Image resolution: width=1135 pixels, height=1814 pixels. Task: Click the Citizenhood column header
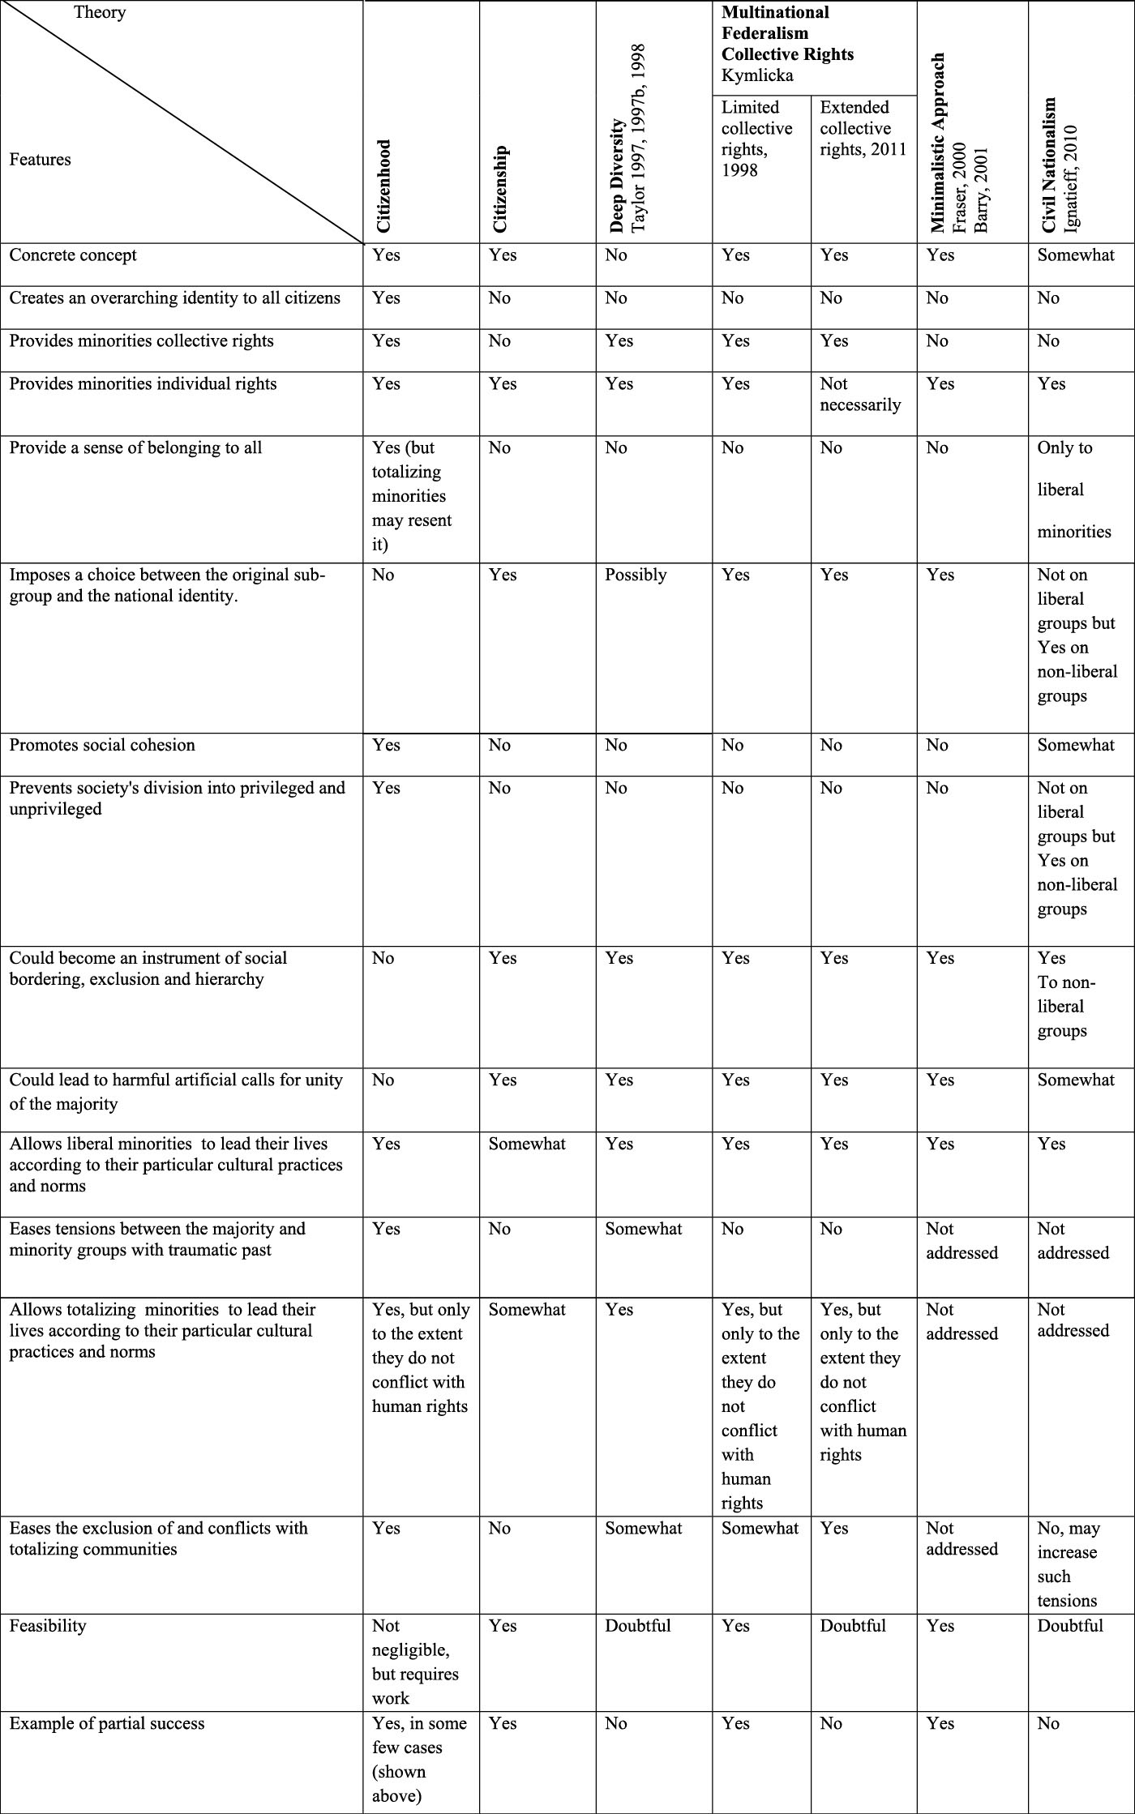383,187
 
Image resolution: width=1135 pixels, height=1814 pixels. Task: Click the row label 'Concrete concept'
73,255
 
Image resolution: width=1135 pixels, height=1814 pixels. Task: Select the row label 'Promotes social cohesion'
102,745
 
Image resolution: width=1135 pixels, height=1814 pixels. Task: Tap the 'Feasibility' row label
48,1625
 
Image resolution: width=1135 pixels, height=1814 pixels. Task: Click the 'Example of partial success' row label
107,1723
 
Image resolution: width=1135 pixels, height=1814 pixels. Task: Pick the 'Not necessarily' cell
860,394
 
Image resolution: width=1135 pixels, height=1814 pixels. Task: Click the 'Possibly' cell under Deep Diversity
636,575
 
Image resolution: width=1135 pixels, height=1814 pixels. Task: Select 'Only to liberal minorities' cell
1074,490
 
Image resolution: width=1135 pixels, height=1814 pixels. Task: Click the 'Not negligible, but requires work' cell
415,1661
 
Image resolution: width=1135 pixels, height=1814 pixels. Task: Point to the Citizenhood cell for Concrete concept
386,255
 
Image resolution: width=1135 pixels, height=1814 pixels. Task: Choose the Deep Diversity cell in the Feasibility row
638,1625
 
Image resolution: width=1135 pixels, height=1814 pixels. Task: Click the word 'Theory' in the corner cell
100,12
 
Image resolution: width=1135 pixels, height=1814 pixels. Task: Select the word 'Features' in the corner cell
41,159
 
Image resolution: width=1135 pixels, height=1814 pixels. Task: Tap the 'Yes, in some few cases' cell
418,1759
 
